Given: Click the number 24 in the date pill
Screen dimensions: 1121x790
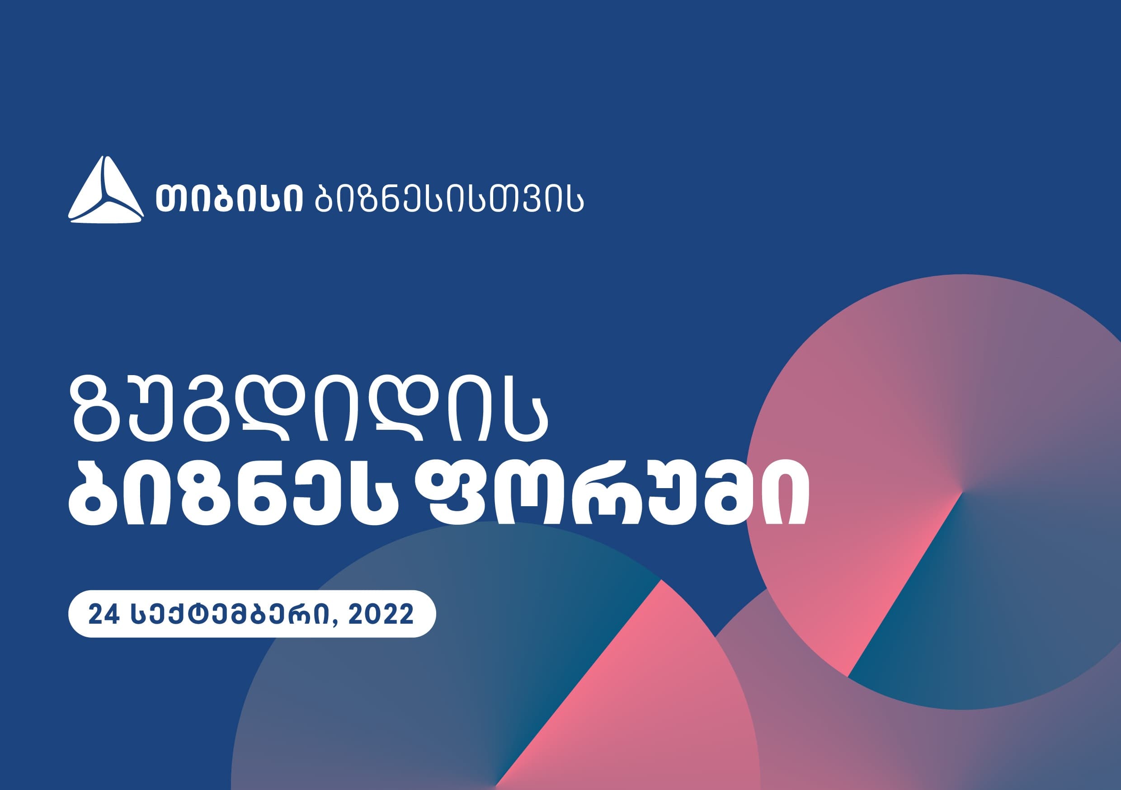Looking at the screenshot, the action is click(104, 614).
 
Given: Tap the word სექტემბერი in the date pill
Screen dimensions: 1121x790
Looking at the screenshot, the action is click(232, 614).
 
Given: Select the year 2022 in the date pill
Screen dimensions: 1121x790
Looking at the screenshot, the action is click(382, 614).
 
